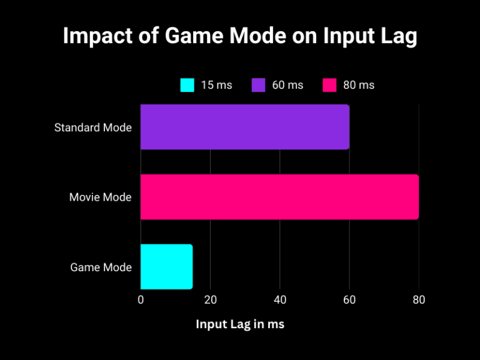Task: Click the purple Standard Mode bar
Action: coord(244,127)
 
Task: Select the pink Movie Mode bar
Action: coord(279,197)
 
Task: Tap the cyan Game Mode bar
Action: coord(166,267)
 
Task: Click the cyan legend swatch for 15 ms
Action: coord(187,85)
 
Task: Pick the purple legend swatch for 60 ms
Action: coord(259,85)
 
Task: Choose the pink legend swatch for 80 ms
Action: coord(330,85)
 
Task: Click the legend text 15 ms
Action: coord(216,85)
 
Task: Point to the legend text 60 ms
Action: coord(287,85)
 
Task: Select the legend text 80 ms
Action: coord(359,85)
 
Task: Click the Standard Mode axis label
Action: coord(93,127)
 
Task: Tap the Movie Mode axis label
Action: coord(100,197)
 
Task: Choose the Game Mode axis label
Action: coord(101,267)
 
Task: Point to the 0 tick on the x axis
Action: coord(141,300)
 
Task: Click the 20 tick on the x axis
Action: coord(210,300)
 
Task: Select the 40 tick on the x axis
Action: coord(279,300)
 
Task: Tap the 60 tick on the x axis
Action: coord(349,300)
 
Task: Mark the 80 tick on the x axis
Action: coord(419,300)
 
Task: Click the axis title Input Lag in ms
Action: coord(240,324)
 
